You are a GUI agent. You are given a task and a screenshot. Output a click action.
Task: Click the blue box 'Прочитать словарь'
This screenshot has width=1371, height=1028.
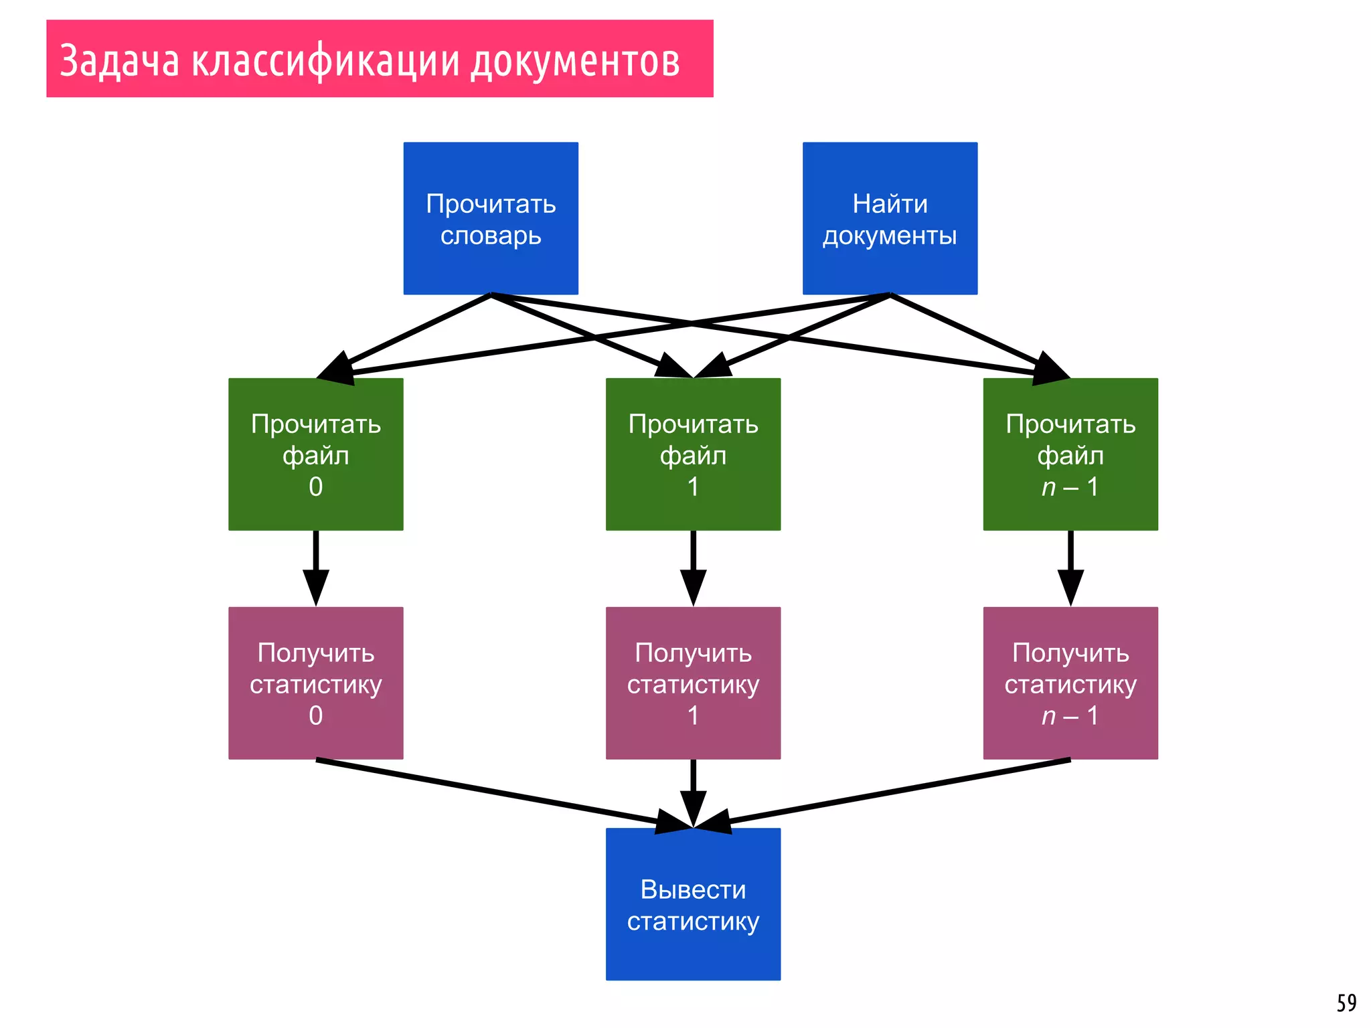[491, 218]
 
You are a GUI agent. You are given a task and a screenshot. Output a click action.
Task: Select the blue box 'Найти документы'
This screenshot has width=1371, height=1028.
[890, 218]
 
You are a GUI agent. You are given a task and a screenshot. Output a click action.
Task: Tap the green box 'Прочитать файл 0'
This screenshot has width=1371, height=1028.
[315, 454]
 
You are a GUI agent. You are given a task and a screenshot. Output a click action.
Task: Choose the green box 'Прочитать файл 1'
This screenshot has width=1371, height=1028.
[693, 454]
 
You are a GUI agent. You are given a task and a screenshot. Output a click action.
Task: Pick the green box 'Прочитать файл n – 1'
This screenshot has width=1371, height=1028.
[1070, 454]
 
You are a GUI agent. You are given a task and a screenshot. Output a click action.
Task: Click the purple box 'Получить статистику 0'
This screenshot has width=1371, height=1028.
[315, 683]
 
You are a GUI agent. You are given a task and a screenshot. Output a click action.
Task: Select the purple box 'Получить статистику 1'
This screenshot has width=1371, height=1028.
[693, 683]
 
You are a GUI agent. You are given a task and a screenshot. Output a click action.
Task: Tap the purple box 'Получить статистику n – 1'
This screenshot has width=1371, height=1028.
[1070, 683]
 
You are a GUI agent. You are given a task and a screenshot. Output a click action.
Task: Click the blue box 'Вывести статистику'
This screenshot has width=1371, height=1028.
[693, 904]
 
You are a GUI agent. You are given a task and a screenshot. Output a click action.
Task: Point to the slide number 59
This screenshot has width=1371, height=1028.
[1346, 1003]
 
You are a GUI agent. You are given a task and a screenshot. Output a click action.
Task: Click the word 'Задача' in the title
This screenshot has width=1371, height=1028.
[120, 60]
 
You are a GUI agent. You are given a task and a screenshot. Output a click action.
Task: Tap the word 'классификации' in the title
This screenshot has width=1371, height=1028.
[325, 60]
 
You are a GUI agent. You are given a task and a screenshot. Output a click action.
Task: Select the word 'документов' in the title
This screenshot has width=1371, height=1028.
[575, 60]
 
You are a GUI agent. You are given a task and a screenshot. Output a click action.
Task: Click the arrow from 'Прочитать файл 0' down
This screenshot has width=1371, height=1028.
[315, 569]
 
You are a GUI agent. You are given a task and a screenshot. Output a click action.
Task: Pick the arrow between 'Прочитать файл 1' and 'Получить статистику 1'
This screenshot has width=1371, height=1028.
[693, 569]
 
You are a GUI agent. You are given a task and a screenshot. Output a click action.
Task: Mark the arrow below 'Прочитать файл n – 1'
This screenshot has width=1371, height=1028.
[1070, 569]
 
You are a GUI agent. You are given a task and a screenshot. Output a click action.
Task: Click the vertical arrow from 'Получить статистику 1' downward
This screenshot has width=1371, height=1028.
[693, 794]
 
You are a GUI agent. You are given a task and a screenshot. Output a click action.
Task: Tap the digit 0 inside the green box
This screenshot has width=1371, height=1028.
[315, 487]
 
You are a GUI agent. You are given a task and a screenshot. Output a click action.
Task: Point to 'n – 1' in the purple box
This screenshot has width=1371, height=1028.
[1070, 716]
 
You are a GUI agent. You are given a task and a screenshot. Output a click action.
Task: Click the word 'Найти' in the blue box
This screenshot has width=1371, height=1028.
[890, 203]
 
